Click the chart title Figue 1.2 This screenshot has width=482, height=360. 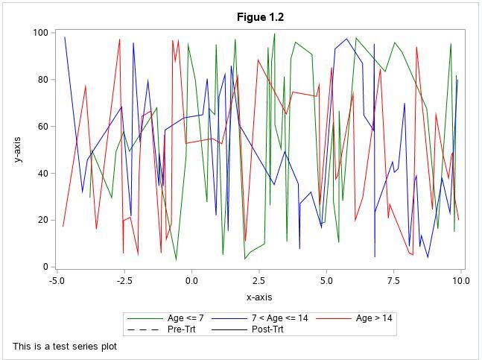click(260, 17)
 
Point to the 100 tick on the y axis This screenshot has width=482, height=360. click(40, 33)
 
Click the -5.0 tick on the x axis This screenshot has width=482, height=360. click(57, 281)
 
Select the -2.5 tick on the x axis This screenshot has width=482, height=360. click(124, 281)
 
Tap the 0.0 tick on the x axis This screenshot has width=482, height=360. click(191, 281)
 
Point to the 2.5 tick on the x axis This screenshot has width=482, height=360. click(259, 281)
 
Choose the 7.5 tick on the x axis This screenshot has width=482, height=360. click(393, 281)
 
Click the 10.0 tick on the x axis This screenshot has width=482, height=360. click(460, 281)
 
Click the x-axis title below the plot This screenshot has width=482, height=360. click(259, 297)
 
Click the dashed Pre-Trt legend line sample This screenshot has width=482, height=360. click(143, 329)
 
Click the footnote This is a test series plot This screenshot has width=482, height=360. click(65, 346)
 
